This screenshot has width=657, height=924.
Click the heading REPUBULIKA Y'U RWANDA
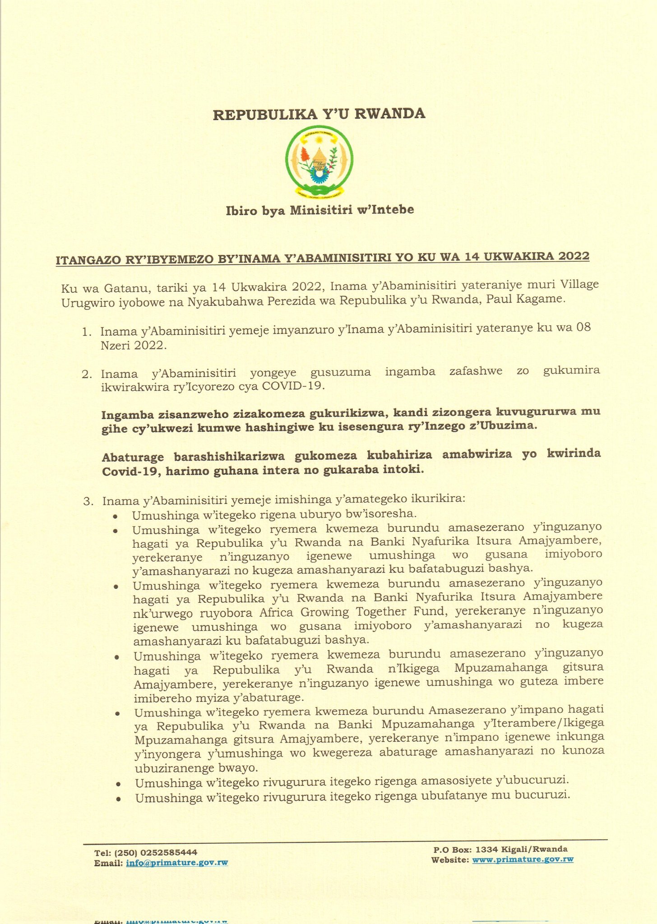coord(319,114)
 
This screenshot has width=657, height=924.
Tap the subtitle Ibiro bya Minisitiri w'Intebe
coord(319,210)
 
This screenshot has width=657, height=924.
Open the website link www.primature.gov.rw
coord(523,859)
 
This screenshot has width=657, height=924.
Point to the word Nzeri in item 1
coord(116,346)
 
